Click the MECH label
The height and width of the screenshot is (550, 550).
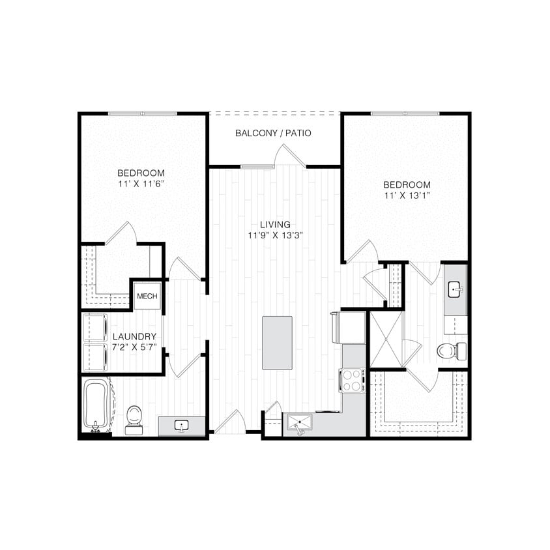pos(147,296)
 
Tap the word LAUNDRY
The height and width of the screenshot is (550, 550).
pos(134,336)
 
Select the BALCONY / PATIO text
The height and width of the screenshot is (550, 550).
pos(273,133)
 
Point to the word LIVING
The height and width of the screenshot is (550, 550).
pos(274,224)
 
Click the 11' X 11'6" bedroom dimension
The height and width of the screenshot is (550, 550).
pos(141,184)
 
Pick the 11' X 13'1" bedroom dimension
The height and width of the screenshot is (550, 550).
pos(407,195)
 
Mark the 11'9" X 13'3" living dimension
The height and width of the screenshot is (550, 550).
pos(274,236)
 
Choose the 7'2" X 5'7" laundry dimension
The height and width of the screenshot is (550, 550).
pos(134,347)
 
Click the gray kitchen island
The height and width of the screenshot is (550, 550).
pos(277,343)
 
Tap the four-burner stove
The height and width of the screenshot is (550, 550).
pos(351,380)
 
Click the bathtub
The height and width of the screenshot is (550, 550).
pos(96,405)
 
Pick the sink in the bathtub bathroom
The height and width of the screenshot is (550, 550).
pos(182,426)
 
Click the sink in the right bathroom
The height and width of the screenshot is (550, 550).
pos(456,287)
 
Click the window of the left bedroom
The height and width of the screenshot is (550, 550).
pos(143,114)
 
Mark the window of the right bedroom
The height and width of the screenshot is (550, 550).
pos(404,114)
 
